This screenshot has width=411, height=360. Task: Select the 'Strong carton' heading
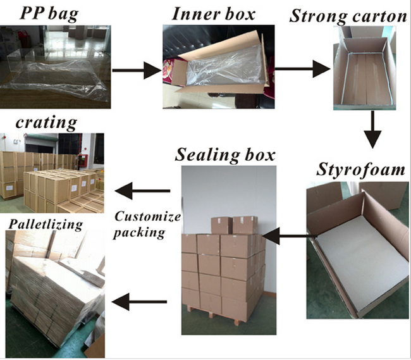click(347, 16)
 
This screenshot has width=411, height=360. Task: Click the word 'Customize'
click(147, 217)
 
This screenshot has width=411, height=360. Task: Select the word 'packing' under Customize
click(140, 232)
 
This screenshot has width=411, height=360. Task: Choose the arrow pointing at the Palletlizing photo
click(145, 301)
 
